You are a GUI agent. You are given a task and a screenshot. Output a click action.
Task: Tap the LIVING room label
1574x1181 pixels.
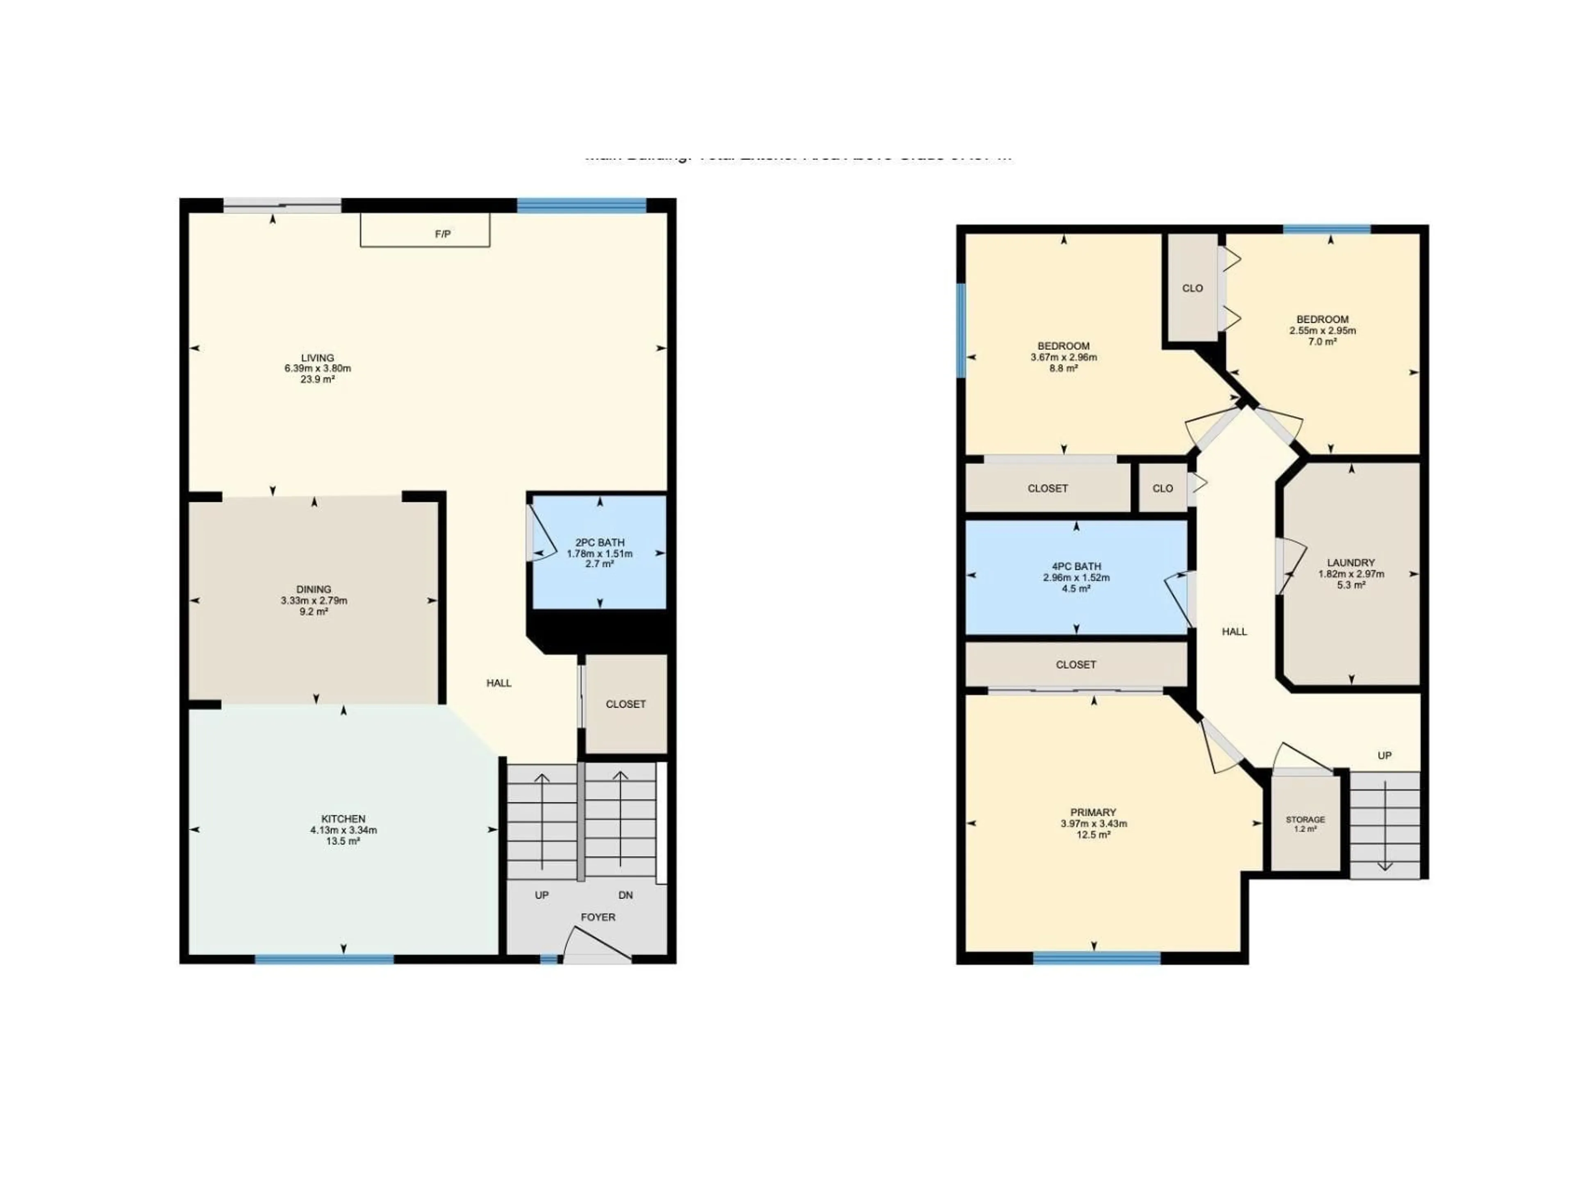317,358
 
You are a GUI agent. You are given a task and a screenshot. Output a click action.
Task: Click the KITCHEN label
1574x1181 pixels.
343,818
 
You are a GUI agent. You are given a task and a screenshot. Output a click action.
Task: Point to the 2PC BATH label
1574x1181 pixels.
600,543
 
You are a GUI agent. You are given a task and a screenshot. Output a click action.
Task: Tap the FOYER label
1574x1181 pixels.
598,917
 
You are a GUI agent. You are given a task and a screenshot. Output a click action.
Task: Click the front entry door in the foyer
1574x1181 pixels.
596,945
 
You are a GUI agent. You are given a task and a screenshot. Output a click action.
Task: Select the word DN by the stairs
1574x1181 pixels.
626,895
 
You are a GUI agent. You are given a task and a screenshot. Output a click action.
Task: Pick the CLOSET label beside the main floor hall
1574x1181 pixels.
626,704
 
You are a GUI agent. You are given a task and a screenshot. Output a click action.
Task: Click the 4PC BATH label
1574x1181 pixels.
1076,567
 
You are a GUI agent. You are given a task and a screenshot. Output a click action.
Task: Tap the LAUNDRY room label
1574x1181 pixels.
1351,562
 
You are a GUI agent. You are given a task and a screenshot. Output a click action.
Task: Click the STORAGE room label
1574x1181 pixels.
1305,819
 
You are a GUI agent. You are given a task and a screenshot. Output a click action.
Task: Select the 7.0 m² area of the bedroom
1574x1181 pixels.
1322,342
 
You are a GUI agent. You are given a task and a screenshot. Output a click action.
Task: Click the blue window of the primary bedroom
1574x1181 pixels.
1096,959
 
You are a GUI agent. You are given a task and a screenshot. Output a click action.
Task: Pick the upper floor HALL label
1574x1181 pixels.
1235,632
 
